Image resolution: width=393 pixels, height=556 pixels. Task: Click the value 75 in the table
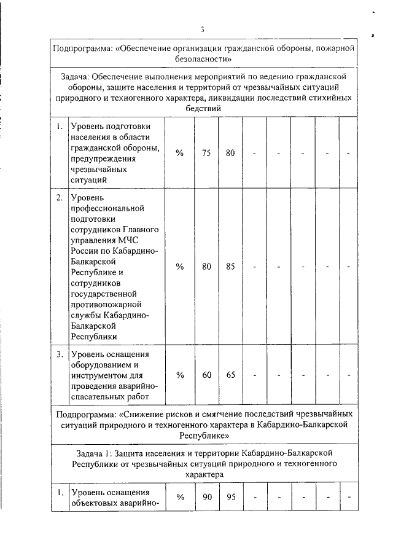point(206,154)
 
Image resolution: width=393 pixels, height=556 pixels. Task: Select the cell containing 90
point(206,497)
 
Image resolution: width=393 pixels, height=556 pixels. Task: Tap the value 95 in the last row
point(230,497)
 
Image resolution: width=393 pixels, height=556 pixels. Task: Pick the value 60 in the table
point(206,375)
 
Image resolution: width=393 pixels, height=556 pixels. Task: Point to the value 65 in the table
point(230,375)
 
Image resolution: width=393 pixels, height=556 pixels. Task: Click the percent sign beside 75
point(180,154)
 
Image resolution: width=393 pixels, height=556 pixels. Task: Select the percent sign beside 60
point(180,375)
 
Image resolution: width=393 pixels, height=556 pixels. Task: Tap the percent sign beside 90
point(180,497)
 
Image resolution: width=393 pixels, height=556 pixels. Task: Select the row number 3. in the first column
point(60,354)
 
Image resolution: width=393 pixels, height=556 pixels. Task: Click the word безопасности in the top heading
point(202,59)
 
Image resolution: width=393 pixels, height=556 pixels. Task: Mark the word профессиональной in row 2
point(107,209)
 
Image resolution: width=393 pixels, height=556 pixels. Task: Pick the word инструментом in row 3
point(101,375)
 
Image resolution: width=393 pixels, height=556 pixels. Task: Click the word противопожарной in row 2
point(107,304)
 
